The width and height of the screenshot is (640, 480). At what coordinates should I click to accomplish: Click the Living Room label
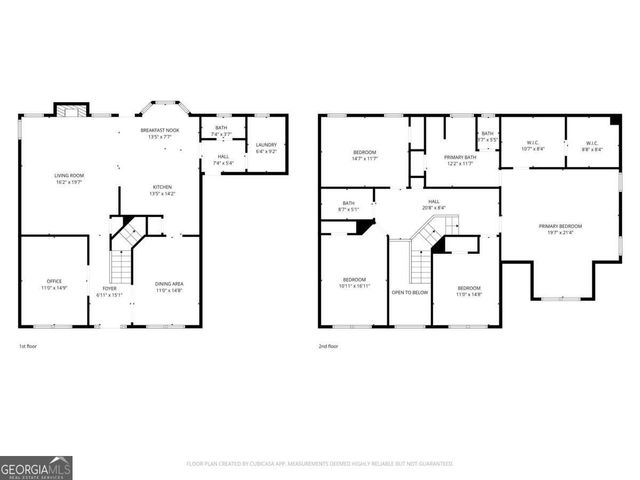pos(69,179)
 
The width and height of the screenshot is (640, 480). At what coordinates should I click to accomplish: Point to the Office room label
pos(54,284)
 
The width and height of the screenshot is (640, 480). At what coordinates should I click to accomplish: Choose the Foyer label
pos(109,291)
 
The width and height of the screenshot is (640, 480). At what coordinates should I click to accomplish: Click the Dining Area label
pos(168,286)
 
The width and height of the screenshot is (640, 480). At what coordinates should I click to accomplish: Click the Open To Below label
pos(410,293)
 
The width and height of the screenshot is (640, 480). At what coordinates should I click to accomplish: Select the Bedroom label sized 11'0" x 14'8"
pos(469,290)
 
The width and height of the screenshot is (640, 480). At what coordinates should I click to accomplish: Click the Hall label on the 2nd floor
pos(434,204)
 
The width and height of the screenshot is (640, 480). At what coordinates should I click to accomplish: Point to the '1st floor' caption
pos(29,346)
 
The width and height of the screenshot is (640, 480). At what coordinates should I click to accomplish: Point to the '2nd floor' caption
pos(330,346)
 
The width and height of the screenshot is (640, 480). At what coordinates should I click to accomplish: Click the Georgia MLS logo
pos(36,466)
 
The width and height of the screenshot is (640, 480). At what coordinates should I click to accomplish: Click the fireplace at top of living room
pos(70,111)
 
